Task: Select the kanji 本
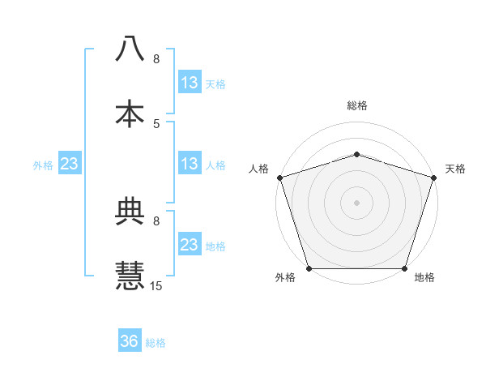tap(130, 113)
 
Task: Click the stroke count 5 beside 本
tap(156, 123)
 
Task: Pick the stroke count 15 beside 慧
tap(156, 285)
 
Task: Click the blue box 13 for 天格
tap(189, 83)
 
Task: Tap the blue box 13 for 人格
tap(189, 164)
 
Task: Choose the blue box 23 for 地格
tap(189, 245)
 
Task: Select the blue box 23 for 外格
tap(69, 164)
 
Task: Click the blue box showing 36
tap(130, 341)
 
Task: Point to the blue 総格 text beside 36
tap(156, 343)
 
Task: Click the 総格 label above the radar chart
tap(356, 105)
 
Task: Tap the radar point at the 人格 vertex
tap(279, 177)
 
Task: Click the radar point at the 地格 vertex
tap(404, 268)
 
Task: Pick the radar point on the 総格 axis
tap(356, 153)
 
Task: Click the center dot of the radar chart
tap(356, 202)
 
